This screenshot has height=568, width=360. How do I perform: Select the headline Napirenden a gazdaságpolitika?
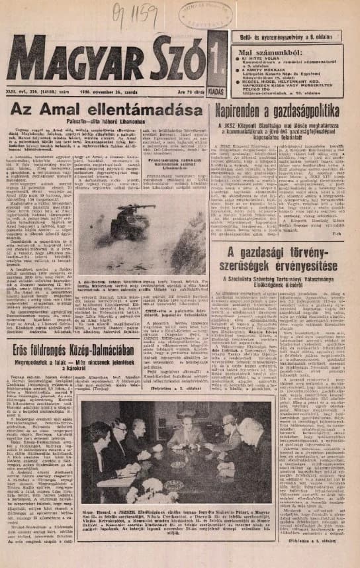[x=284, y=109]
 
